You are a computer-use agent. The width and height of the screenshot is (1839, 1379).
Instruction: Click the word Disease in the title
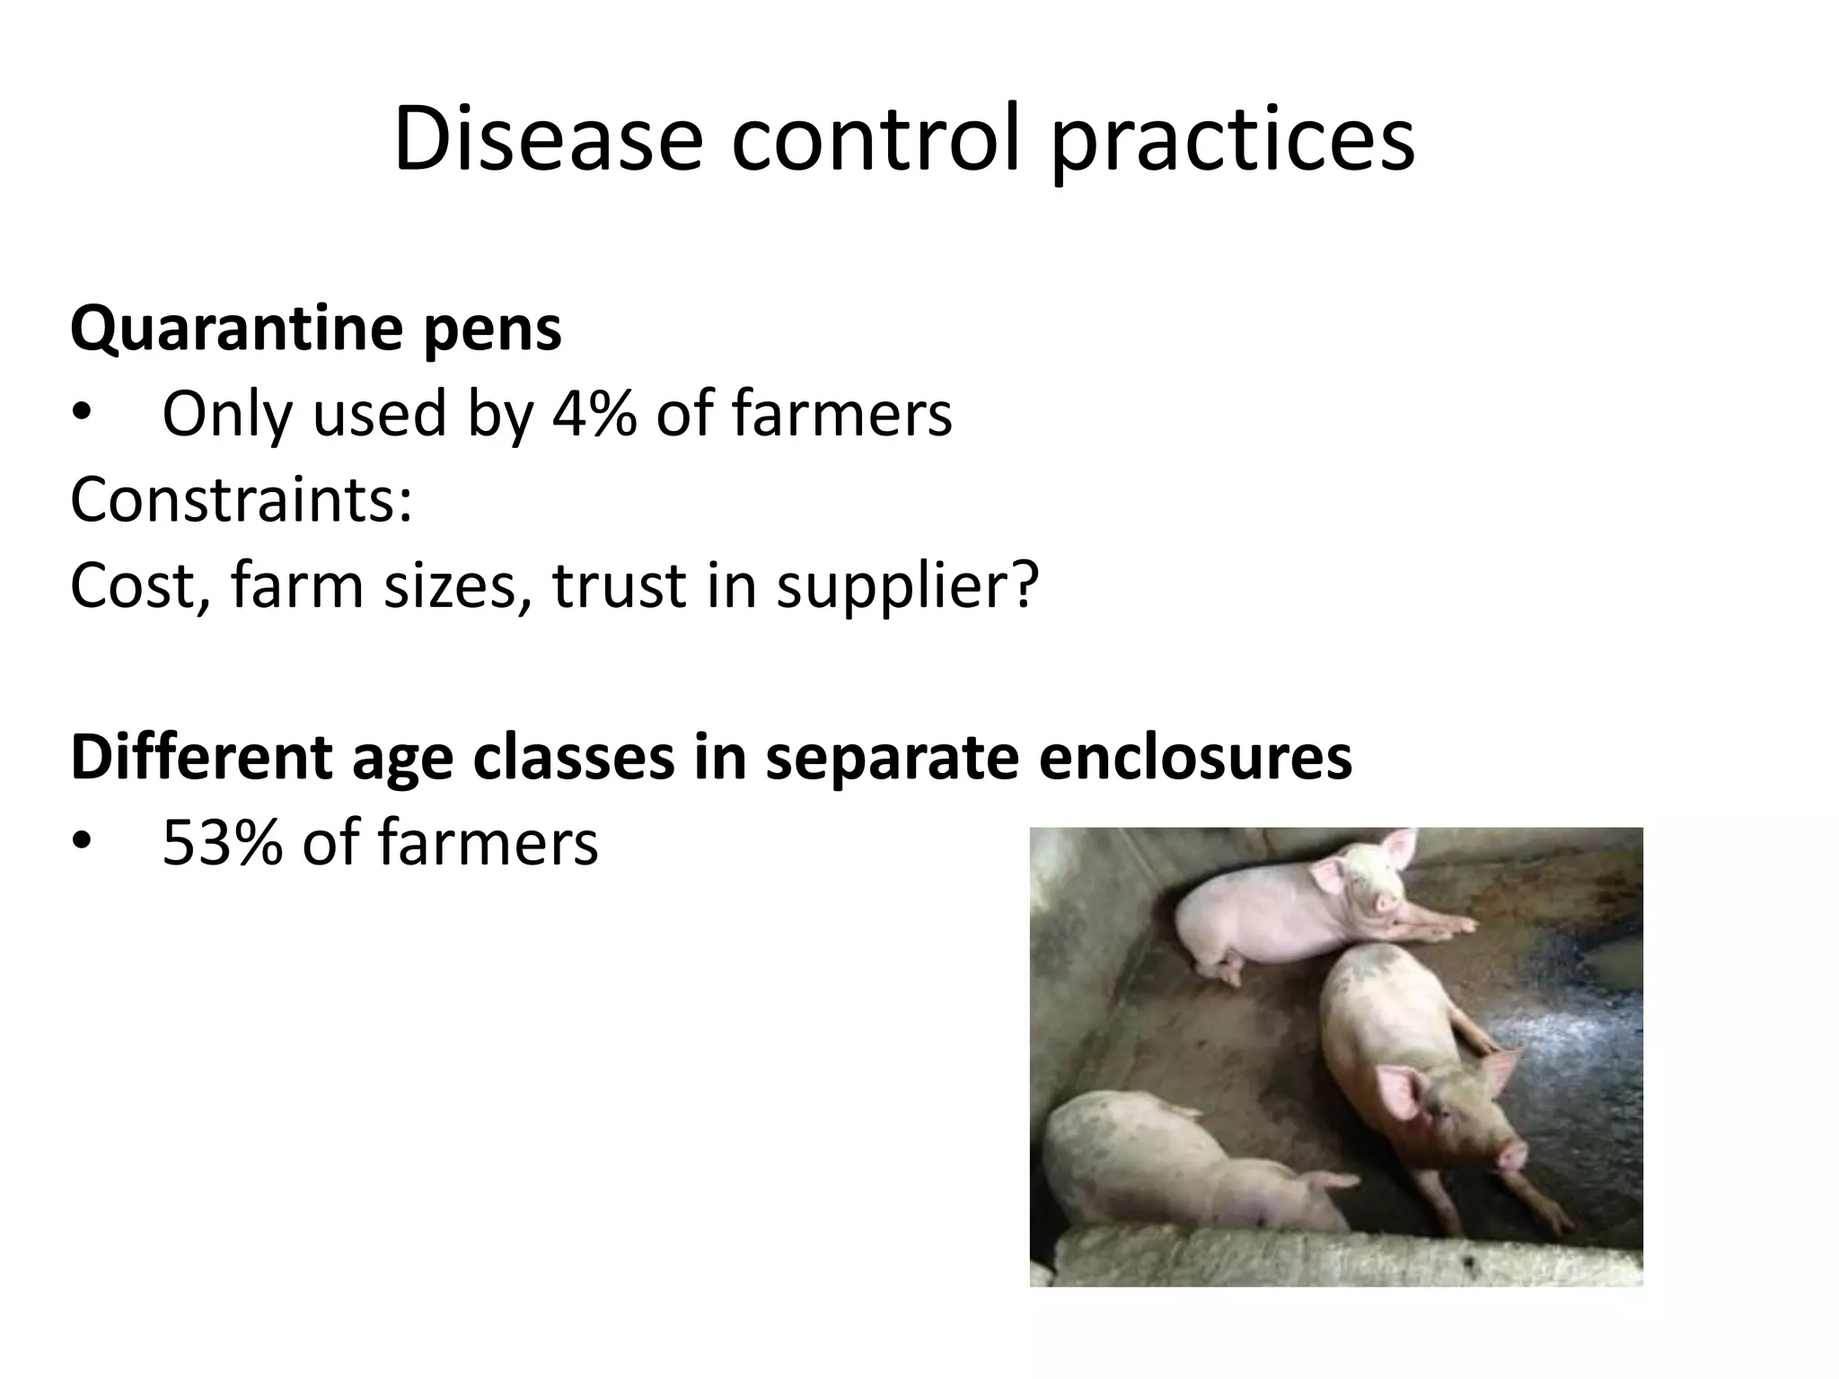click(548, 139)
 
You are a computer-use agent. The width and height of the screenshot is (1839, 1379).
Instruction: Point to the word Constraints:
click(242, 499)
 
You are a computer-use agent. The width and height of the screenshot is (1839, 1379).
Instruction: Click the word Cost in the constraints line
click(134, 585)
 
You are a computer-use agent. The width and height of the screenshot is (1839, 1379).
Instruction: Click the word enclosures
click(1195, 756)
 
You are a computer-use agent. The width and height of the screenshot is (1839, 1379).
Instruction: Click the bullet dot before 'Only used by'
click(83, 414)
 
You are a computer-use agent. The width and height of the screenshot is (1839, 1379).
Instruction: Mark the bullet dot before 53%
click(83, 842)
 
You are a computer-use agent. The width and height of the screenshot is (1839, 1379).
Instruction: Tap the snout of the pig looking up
click(1510, 1155)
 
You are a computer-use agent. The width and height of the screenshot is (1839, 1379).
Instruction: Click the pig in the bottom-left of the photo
click(1176, 1167)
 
